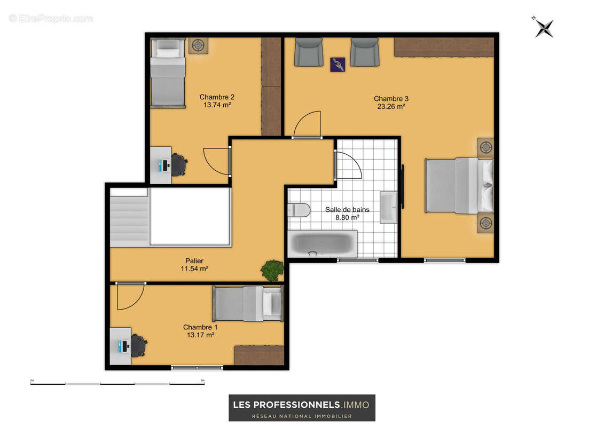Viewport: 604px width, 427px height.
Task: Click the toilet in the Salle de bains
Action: pos(299,210)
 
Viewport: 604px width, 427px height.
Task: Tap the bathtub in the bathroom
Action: pos(323,244)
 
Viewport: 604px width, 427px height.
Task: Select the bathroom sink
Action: pos(389,208)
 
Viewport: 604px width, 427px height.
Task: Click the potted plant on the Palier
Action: pos(273,270)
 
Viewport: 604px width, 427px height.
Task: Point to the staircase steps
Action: pos(129,222)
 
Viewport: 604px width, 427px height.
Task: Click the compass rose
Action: pos(544,28)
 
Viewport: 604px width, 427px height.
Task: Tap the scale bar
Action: pos(117,383)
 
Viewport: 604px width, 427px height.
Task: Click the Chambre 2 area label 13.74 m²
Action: pos(217,105)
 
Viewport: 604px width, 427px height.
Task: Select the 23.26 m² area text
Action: pos(391,107)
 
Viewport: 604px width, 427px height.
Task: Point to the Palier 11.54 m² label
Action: pos(194,265)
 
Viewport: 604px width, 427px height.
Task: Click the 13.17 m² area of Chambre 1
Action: pos(200,335)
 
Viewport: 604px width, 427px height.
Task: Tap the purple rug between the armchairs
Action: pos(338,64)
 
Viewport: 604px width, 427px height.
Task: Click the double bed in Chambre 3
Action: pos(459,185)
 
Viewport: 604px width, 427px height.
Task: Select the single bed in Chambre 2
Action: pos(168,73)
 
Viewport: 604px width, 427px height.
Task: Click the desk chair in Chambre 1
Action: pos(139,345)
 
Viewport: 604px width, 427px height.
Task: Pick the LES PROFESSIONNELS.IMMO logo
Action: pos(302,408)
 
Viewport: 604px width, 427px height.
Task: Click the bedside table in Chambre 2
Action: pos(198,46)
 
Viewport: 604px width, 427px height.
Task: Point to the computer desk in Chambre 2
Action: pos(161,165)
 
